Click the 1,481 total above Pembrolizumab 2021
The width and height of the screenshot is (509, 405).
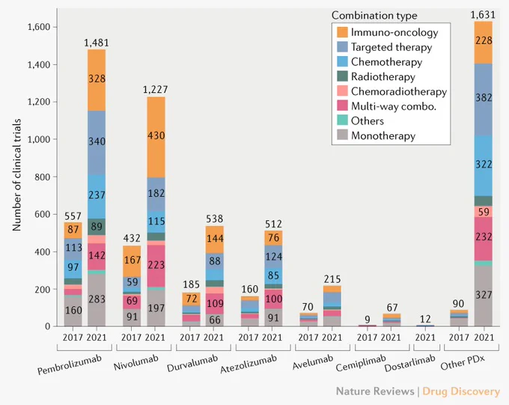coord(97,43)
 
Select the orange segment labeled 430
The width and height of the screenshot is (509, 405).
coord(156,137)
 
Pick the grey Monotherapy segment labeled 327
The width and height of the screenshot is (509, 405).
coord(484,296)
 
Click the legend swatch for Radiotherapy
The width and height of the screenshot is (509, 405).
coord(343,76)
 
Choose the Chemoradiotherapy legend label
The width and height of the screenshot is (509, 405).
coord(399,91)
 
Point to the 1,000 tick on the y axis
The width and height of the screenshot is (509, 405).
coord(39,139)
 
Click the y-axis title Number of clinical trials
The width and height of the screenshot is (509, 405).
coord(16,175)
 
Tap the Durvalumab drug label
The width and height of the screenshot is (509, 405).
coord(192,363)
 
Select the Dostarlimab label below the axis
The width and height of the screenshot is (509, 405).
coord(409,363)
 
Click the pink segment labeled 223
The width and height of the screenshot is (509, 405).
coord(156,266)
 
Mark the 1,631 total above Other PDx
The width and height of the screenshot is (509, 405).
coord(483,15)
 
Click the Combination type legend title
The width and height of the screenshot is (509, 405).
coord(374,16)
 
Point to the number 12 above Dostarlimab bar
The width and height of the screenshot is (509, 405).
coord(425,319)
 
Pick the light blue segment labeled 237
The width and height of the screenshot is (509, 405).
coord(97,196)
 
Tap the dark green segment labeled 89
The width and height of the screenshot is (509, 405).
coord(97,227)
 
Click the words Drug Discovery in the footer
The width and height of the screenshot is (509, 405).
coord(461,392)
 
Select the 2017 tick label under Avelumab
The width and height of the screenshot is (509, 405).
coord(308,338)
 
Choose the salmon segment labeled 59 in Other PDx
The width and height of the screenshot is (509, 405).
coord(484,212)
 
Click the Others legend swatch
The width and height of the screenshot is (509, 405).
coord(343,121)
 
